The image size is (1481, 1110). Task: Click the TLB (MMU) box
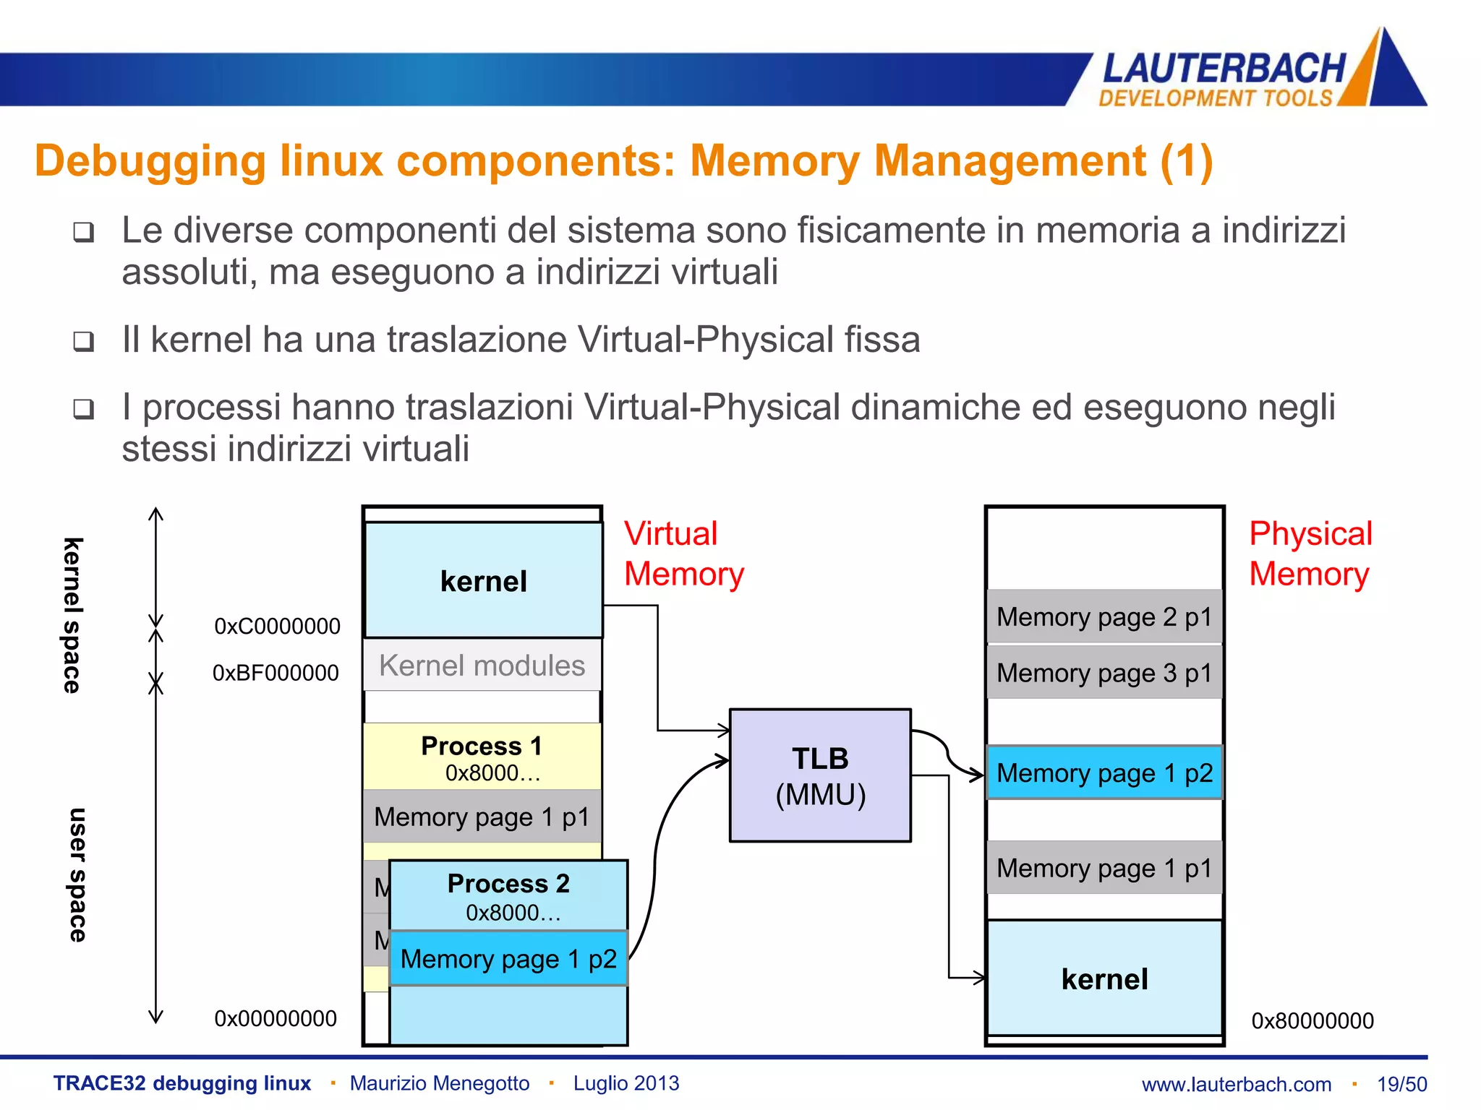pos(820,775)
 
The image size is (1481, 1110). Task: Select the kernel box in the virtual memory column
pos(483,581)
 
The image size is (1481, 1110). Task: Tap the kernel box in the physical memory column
pos(1104,978)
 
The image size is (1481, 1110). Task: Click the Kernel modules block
pos(482,666)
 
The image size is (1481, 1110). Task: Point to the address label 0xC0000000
pos(277,627)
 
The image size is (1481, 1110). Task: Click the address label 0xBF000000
pos(276,674)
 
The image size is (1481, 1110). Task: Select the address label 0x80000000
pos(1312,1021)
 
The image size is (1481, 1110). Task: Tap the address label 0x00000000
pos(276,1019)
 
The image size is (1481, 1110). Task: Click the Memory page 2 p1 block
pos(1104,617)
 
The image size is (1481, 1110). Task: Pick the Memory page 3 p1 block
pos(1104,673)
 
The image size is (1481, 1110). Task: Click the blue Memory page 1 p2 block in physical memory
pos(1104,773)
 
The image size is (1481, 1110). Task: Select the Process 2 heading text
pos(508,884)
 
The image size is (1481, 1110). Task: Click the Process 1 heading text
pos(482,746)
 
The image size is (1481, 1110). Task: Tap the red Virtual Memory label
pos(683,554)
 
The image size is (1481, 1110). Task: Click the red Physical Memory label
pos(1310,554)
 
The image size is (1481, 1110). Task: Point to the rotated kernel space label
pos(72,615)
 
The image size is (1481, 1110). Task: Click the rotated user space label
pos(77,874)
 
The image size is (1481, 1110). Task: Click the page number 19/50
pos(1401,1084)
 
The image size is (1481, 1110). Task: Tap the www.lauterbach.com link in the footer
pos(1236,1084)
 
